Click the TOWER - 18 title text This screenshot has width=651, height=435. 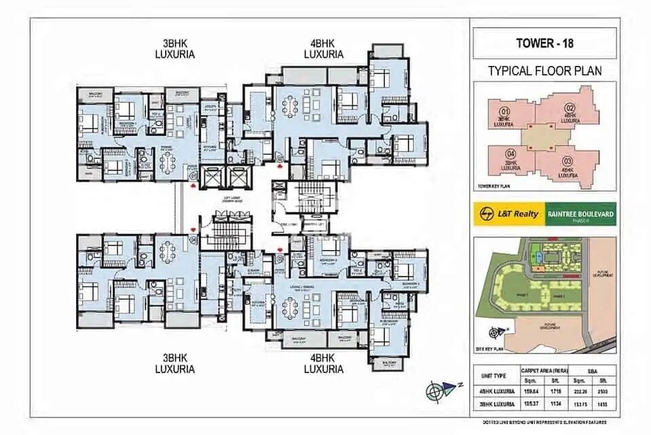[544, 44]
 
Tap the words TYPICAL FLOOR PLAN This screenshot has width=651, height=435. [544, 71]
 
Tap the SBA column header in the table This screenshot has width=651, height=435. [591, 371]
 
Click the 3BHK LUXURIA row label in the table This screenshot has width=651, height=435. [494, 404]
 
